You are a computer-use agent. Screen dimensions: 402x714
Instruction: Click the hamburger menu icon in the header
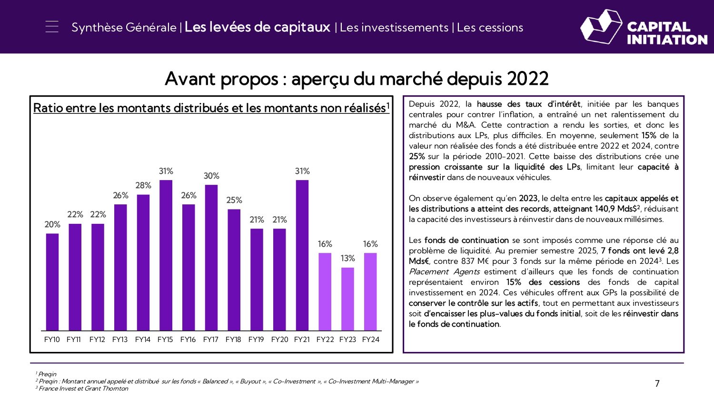52,27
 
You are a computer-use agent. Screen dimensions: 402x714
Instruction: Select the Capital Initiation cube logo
601,27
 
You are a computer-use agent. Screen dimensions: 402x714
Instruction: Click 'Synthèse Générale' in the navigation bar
124,28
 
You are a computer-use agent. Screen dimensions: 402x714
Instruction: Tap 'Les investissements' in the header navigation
394,28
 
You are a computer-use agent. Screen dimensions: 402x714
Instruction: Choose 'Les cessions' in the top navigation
490,28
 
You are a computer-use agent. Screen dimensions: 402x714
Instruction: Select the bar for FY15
166,255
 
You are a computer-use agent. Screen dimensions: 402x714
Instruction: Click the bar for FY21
302,255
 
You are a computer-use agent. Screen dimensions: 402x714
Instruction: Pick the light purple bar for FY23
347,299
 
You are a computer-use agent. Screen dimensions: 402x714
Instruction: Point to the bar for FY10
52,281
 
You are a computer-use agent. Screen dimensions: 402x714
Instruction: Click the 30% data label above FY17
211,176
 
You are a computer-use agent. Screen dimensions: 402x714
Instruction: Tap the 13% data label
347,258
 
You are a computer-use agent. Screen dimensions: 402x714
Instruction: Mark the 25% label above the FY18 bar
234,200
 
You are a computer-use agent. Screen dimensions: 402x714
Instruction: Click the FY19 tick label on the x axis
256,340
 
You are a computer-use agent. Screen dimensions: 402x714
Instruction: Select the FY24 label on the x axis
370,340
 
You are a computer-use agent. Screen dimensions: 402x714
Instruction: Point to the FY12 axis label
97,340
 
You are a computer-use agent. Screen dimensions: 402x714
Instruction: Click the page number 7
657,384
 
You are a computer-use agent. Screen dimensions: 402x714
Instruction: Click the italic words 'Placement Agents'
444,271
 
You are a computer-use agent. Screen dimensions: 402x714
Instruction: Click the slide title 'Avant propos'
221,79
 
